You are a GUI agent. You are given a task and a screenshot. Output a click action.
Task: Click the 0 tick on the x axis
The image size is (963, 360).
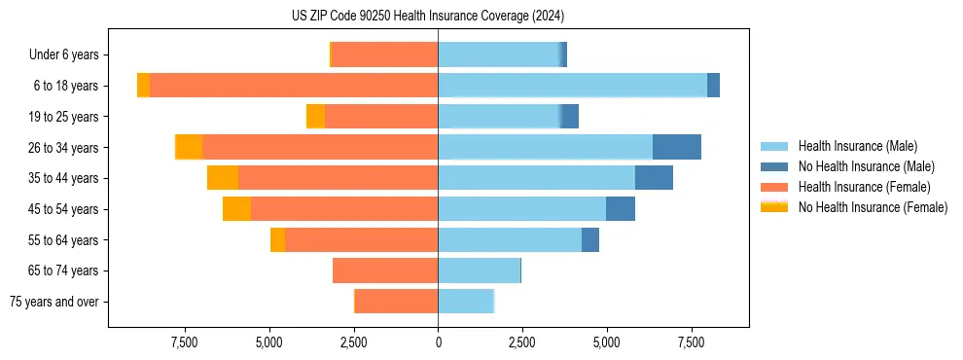pos(438,342)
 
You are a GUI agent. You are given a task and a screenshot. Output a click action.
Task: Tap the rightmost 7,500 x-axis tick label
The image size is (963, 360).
pos(691,342)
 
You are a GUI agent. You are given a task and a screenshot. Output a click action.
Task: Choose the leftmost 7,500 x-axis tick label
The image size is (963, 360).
pos(185,342)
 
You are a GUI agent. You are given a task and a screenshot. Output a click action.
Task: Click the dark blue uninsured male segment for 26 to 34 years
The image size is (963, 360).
pos(676,147)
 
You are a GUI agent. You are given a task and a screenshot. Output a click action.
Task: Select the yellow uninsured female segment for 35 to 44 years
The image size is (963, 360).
pos(223,178)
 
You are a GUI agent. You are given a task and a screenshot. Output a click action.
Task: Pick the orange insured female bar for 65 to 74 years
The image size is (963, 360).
pos(385,270)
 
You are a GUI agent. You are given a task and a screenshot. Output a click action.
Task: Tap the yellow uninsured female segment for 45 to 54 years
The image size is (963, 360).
pos(236,209)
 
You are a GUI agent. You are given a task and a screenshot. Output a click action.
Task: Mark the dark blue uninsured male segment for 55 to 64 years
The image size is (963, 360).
pos(589,239)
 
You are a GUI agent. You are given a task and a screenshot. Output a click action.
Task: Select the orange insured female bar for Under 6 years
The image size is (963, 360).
pos(385,54)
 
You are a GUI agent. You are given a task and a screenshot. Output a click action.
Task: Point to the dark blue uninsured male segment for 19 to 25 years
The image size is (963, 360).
pos(570,117)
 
